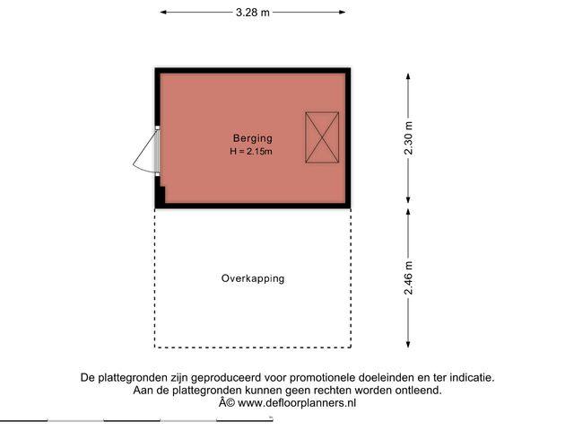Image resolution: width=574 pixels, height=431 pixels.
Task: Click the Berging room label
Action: pyautogui.click(x=253, y=138)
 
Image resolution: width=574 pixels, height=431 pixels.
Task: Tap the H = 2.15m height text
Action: pyautogui.click(x=251, y=152)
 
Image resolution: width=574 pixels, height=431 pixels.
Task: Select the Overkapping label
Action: pyautogui.click(x=253, y=278)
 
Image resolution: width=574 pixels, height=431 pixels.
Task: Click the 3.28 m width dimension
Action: pyautogui.click(x=253, y=13)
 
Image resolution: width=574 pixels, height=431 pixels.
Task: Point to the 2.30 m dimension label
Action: pyautogui.click(x=409, y=138)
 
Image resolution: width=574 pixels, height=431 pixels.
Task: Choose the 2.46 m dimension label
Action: pyautogui.click(x=409, y=277)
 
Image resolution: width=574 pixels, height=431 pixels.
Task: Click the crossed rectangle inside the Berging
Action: pyautogui.click(x=322, y=137)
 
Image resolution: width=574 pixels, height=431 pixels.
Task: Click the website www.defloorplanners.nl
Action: pyautogui.click(x=297, y=403)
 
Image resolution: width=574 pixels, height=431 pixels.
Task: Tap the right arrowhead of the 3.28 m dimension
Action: pyautogui.click(x=343, y=13)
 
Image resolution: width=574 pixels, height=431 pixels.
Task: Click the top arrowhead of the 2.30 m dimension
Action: pyautogui.click(x=408, y=76)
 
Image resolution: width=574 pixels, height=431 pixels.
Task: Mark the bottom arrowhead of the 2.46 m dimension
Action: pyautogui.click(x=408, y=344)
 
